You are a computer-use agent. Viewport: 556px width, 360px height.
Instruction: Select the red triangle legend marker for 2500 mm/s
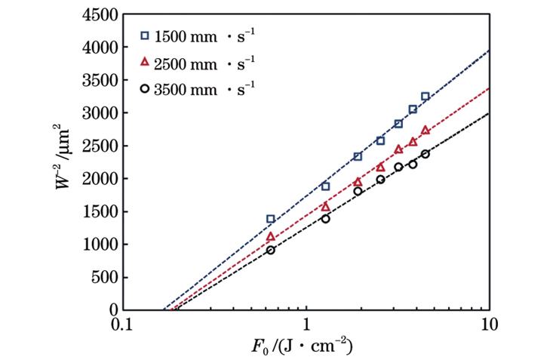(145, 62)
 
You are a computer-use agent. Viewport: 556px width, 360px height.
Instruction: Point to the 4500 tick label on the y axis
(99, 14)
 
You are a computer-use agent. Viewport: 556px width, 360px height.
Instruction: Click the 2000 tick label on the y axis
(99, 178)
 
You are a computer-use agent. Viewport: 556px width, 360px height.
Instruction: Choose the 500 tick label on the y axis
(103, 277)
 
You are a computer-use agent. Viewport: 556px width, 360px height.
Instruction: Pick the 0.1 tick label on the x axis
(121, 325)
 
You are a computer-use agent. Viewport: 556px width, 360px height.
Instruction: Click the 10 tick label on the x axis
(489, 325)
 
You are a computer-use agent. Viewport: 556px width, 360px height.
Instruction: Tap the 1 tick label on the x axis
(306, 325)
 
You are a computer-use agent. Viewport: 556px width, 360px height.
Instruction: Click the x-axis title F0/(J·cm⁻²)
(305, 348)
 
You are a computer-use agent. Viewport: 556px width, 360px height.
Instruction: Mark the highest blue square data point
(425, 97)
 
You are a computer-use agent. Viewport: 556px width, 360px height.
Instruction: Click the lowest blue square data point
(271, 219)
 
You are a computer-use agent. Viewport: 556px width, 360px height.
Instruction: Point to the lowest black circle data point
(271, 250)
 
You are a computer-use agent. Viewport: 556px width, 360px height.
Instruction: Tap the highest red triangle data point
(425, 130)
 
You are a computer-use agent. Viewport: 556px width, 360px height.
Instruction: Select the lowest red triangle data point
(271, 237)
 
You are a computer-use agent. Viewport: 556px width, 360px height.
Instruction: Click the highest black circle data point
(425, 154)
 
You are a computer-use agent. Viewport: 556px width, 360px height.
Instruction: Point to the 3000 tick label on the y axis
(99, 112)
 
